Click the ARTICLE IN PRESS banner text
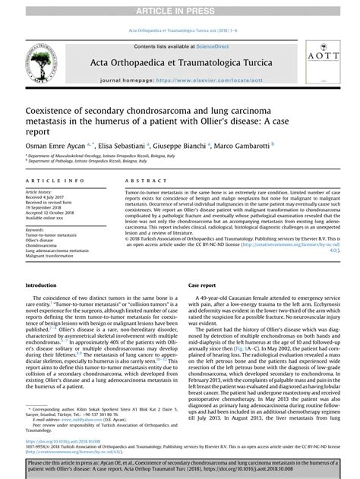[180, 8]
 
